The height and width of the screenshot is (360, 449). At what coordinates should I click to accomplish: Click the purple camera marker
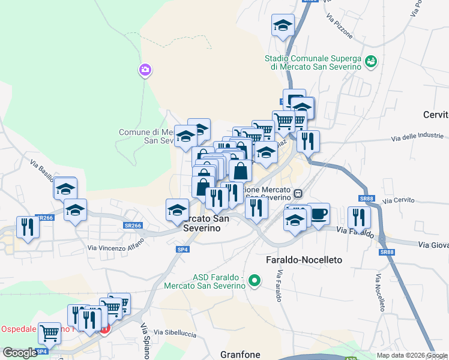click(145, 71)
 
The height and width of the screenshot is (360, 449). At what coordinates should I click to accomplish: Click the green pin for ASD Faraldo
click(255, 280)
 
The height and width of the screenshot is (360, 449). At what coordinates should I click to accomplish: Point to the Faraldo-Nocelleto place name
click(304, 260)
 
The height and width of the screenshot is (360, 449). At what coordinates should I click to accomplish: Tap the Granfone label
click(240, 354)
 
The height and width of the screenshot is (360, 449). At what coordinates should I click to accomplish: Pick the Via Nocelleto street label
click(380, 293)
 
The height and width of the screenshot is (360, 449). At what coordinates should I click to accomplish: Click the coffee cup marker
click(318, 214)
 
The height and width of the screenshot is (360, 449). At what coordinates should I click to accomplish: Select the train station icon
click(297, 194)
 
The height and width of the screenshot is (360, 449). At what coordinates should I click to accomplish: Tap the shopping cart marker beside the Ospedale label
click(49, 332)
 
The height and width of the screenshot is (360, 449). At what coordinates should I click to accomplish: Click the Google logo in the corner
click(20, 353)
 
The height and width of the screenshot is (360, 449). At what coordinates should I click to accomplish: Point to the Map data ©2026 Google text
click(412, 355)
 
